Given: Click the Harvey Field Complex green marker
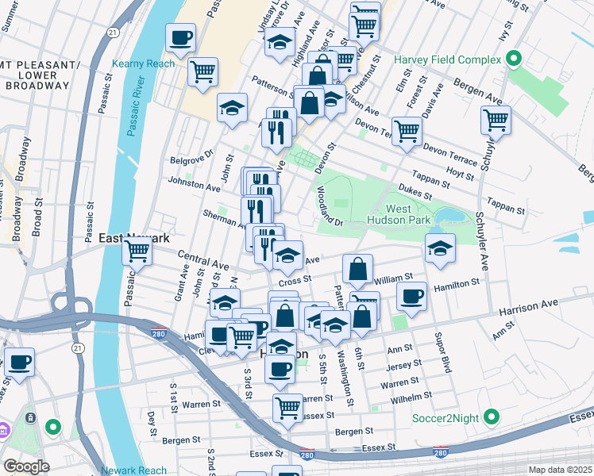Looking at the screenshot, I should (513, 59).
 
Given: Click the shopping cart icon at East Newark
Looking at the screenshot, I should (137, 251).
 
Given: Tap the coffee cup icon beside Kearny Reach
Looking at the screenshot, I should (180, 36).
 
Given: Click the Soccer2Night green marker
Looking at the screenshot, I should (492, 416).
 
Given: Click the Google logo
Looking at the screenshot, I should (26, 466).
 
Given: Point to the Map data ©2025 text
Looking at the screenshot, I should (559, 470).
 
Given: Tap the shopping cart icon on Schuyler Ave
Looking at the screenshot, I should (496, 120).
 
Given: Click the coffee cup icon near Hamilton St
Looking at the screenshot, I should (411, 295).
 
